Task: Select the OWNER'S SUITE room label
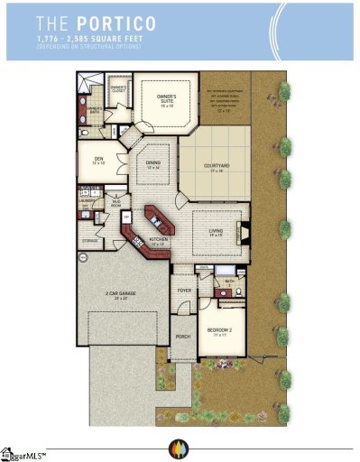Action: (x=161, y=98)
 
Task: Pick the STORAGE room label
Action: (x=90, y=241)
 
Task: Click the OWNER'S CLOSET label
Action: (x=117, y=88)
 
